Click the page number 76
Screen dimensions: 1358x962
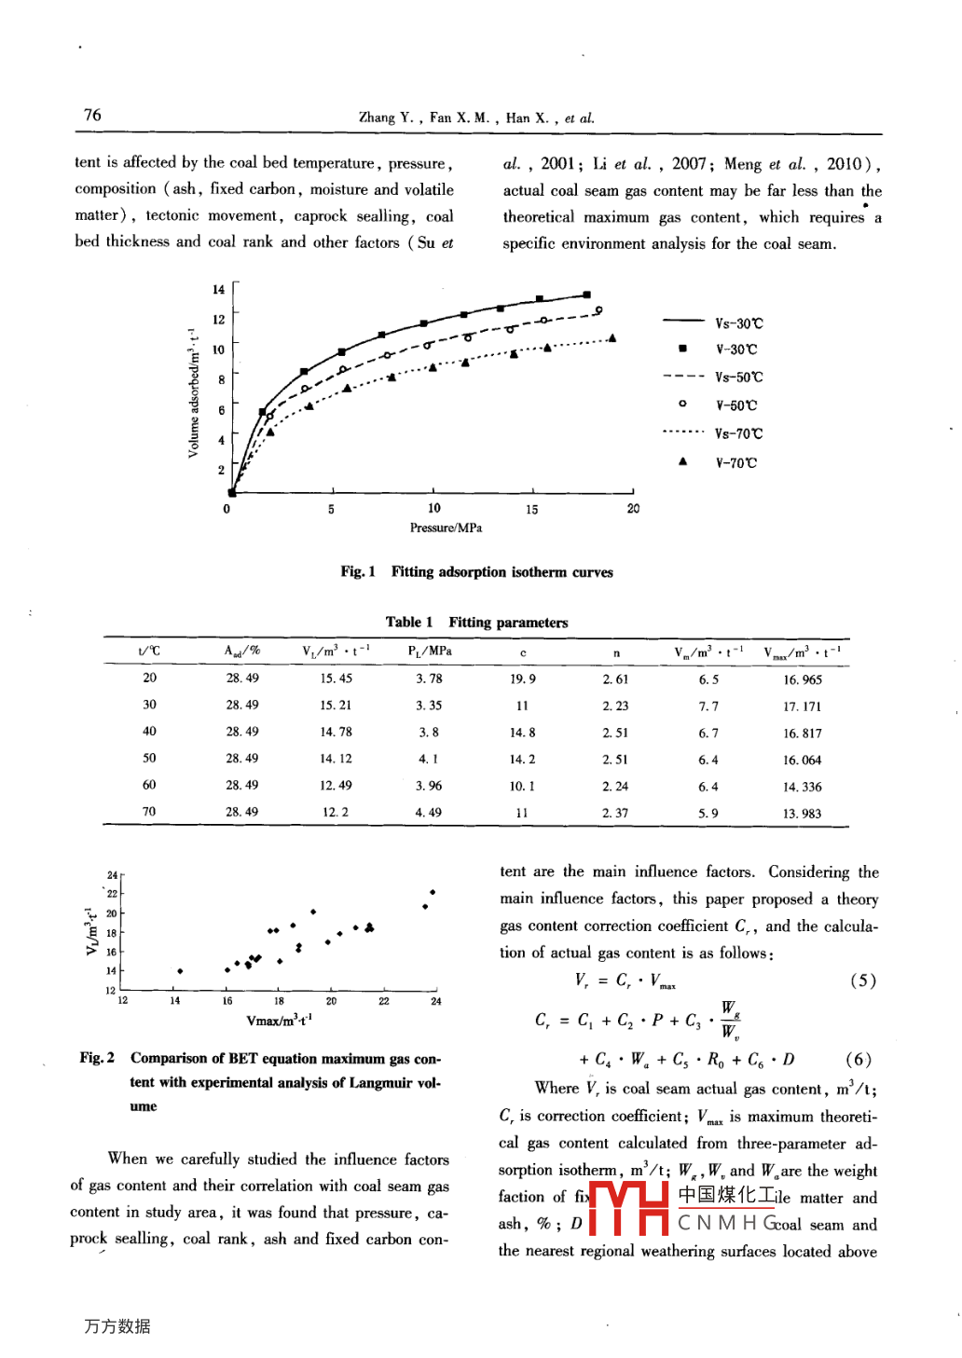[92, 115]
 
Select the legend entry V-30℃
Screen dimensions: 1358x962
[735, 350]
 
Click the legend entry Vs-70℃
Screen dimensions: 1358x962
[737, 433]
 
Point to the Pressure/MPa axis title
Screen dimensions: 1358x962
[446, 528]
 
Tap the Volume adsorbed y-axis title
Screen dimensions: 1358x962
[193, 392]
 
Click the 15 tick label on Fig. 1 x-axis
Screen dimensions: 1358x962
[531, 509]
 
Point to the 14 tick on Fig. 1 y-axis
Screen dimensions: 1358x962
[218, 289]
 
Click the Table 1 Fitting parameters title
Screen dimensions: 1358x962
[476, 622]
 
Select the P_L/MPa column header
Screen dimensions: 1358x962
[430, 651]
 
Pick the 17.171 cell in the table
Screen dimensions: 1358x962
[802, 706]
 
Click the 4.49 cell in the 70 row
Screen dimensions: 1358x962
[429, 813]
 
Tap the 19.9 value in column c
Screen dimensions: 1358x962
[522, 679]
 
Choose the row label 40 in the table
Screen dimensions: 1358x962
[149, 732]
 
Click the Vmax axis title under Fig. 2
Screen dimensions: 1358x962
[279, 1020]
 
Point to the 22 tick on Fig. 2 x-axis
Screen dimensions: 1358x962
[384, 1001]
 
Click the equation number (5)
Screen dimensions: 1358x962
[862, 981]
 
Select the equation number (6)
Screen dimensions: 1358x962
[858, 1060]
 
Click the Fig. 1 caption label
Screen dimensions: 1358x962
[358, 571]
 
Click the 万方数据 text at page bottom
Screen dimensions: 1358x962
[117, 1325]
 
